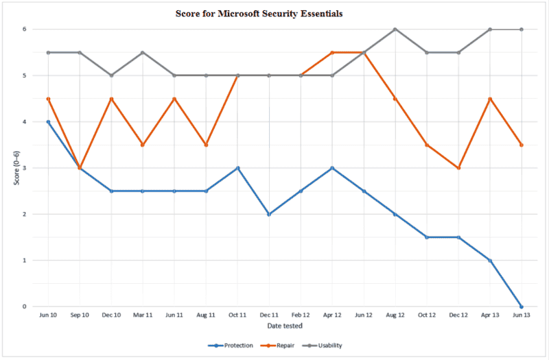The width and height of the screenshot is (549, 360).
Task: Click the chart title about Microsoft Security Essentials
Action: [x=274, y=12]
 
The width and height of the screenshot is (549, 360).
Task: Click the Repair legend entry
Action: [x=282, y=346]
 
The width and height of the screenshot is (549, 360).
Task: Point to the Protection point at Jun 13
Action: [x=522, y=307]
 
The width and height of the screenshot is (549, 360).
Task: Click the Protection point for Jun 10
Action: [x=48, y=122]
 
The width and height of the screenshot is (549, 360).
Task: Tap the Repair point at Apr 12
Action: [x=332, y=53]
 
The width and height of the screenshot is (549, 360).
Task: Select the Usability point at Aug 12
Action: [x=395, y=29]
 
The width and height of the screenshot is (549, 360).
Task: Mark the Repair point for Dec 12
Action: [x=458, y=168]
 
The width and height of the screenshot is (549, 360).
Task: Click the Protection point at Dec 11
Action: [x=269, y=214]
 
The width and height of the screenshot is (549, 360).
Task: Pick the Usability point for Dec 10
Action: [x=111, y=75]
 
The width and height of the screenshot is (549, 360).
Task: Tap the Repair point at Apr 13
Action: [x=490, y=99]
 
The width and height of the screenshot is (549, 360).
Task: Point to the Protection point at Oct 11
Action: [x=237, y=168]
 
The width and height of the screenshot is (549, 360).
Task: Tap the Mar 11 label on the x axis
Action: [x=143, y=315]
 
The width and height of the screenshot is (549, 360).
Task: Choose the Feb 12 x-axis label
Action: [x=301, y=315]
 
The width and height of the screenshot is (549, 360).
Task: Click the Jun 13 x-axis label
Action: [x=522, y=315]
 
